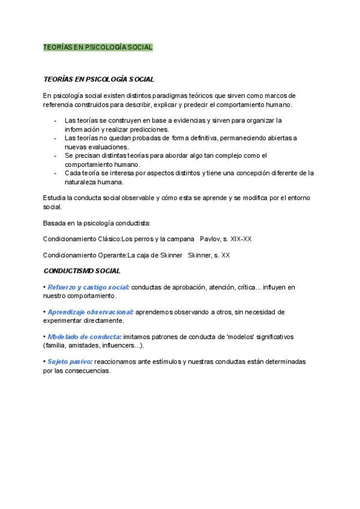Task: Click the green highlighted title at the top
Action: pos(98,47)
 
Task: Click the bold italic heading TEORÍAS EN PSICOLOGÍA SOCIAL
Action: pos(99,79)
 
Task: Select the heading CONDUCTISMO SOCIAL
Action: pos(82,271)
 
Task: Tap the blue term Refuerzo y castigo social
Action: pos(88,288)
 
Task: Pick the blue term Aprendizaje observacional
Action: pos(91,312)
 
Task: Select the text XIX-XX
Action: pos(241,239)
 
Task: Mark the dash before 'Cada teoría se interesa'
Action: pos(55,173)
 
